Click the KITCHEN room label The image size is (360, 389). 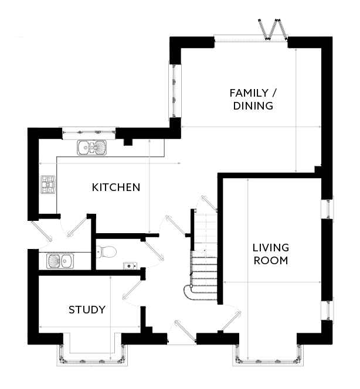[x=116, y=187]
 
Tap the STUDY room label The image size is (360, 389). [x=87, y=309]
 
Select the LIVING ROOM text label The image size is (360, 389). [x=271, y=254]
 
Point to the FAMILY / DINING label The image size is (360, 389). [x=253, y=99]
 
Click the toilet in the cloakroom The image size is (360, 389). [x=106, y=252]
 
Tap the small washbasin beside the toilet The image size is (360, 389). [x=130, y=266]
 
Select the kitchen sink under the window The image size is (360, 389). [x=91, y=148]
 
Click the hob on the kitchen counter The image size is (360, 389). [x=48, y=185]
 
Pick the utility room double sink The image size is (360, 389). [x=60, y=261]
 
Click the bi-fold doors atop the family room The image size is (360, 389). [x=273, y=29]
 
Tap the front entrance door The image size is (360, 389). [x=185, y=330]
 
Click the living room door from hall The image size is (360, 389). [x=231, y=320]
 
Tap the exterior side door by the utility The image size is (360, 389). [x=42, y=231]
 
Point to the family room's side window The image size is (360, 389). [x=175, y=91]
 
